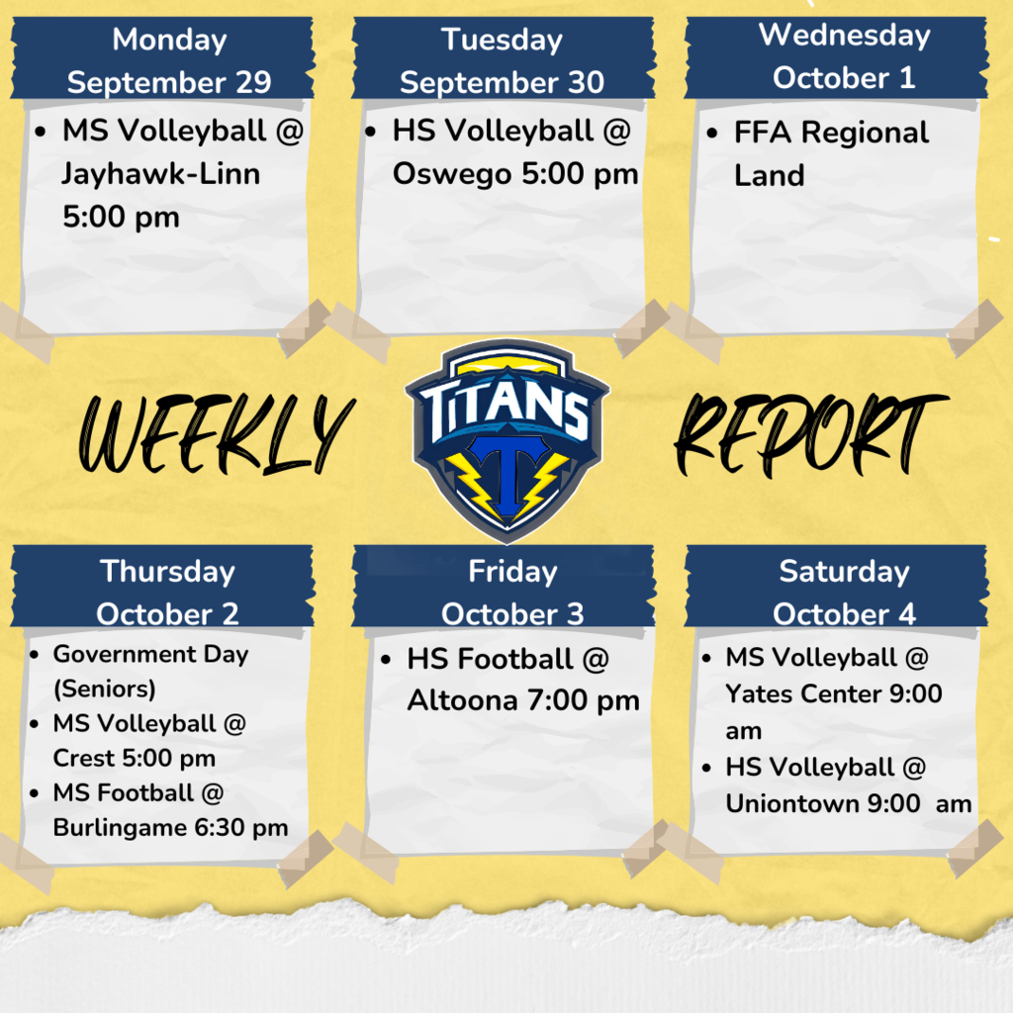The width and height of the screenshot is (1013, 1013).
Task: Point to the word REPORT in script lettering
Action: tap(809, 432)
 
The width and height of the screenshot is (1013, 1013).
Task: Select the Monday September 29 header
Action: tap(168, 60)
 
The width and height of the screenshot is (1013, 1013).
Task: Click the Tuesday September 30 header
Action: tap(502, 60)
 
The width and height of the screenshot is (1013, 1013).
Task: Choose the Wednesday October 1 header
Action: tap(844, 56)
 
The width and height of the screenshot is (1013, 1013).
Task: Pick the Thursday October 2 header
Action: tap(167, 592)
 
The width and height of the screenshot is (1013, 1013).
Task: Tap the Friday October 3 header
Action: tap(512, 592)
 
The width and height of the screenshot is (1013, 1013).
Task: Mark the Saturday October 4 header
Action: tap(844, 592)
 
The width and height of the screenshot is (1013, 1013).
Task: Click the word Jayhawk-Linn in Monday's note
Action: tap(160, 174)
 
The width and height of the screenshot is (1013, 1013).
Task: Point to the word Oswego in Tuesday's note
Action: tap(450, 174)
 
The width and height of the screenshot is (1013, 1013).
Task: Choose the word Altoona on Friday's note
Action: tap(462, 700)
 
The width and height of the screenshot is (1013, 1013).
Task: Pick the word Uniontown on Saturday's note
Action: tap(791, 803)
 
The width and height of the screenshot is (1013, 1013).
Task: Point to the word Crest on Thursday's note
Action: tap(83, 758)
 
